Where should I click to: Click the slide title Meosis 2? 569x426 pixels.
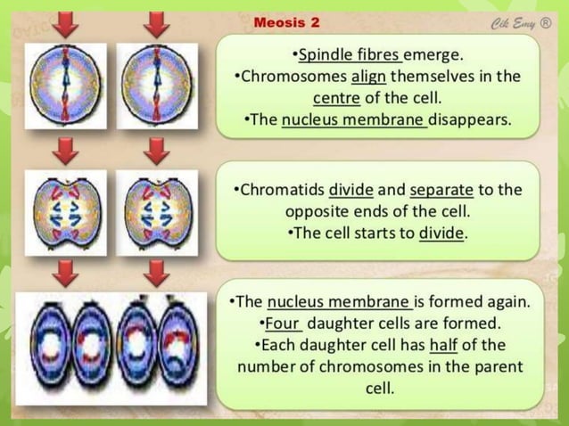coord(286,22)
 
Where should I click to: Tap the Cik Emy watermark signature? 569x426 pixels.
coord(521,22)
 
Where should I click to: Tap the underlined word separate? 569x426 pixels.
coord(438,190)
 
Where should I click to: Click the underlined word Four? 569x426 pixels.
coord(283,323)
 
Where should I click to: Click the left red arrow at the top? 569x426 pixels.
coord(64,23)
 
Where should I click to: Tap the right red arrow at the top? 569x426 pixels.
coord(157,23)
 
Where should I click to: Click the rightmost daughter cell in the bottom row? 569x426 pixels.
coord(178,348)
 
